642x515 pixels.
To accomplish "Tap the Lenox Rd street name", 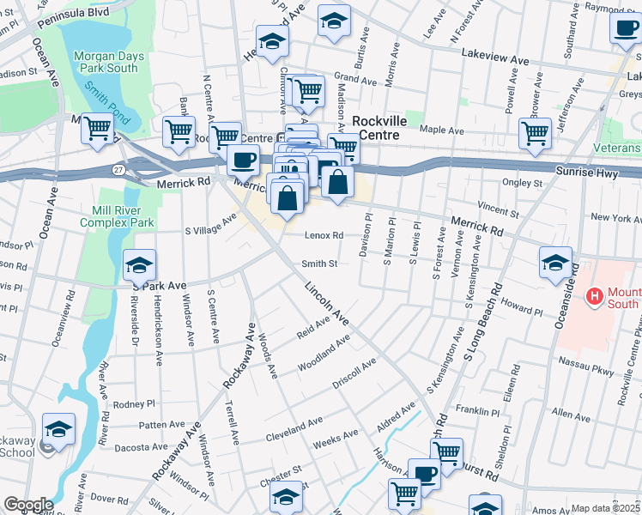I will [324, 235].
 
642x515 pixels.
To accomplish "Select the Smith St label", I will [318, 264].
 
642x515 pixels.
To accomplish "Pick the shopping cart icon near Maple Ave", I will [535, 133].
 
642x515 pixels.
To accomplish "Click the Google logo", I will [27, 505].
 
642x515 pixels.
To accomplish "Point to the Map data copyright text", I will [606, 508].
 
